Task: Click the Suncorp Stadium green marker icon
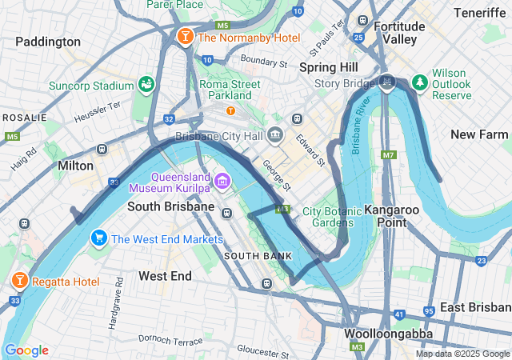pyautogui.click(x=146, y=84)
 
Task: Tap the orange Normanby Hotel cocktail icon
pyautogui.click(x=185, y=38)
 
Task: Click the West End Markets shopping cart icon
pyautogui.click(x=99, y=238)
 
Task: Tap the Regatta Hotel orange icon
pyautogui.click(x=19, y=281)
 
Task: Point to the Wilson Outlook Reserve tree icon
pyautogui.click(x=419, y=82)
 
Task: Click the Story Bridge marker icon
pyautogui.click(x=388, y=82)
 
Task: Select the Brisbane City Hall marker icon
pyautogui.click(x=275, y=134)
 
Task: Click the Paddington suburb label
pyautogui.click(x=48, y=42)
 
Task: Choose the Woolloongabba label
pyautogui.click(x=389, y=334)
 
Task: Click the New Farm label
pyautogui.click(x=479, y=134)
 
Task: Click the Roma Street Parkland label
pyautogui.click(x=230, y=90)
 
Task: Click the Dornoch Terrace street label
pyautogui.click(x=170, y=342)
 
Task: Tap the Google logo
pyautogui.click(x=26, y=350)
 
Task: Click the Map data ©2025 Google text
pyautogui.click(x=462, y=354)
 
